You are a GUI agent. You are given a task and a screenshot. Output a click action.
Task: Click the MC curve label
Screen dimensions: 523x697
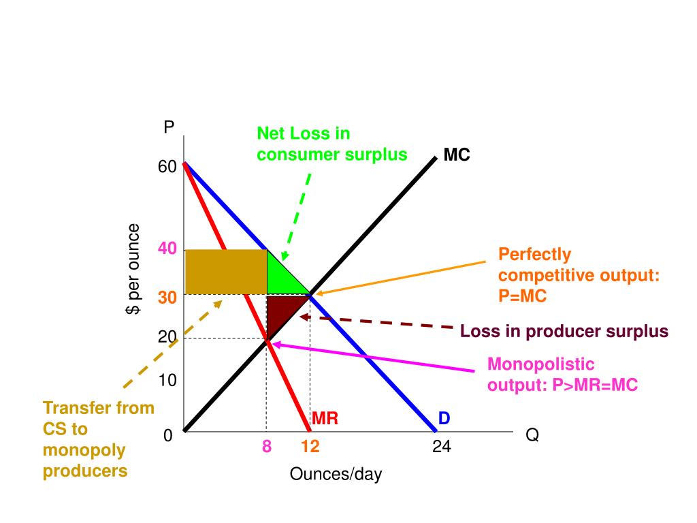pos(457,155)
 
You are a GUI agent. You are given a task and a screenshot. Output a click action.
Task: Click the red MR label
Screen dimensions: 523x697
pos(325,418)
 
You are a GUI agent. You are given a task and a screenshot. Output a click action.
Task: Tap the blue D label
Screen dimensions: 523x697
pos(444,418)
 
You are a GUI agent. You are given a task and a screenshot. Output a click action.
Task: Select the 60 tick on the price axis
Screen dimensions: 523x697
pos(168,167)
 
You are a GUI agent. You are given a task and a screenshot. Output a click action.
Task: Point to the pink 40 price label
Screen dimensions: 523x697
pos(167,249)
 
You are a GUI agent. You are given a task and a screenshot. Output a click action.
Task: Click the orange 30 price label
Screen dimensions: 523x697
pos(167,298)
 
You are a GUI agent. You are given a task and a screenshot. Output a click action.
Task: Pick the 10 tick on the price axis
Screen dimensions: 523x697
pos(167,380)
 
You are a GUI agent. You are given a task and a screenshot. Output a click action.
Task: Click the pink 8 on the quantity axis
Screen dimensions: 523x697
pos(267,447)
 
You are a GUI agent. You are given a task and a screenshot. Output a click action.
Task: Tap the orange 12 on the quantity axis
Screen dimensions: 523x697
pos(310,447)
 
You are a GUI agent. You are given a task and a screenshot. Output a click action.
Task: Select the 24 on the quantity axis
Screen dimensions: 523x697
pos(441,447)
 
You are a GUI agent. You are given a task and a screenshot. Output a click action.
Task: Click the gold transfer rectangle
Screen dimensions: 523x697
pos(225,272)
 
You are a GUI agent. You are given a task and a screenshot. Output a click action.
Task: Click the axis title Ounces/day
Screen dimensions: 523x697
pos(336,474)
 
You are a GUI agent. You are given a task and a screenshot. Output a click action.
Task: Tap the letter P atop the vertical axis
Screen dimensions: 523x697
pos(169,127)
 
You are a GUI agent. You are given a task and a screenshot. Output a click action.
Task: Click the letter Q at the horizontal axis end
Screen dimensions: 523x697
pos(532,435)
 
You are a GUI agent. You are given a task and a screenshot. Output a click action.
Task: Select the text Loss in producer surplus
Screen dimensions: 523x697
pos(564,332)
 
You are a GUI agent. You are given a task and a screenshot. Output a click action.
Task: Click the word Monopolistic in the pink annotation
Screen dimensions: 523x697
pos(540,364)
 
